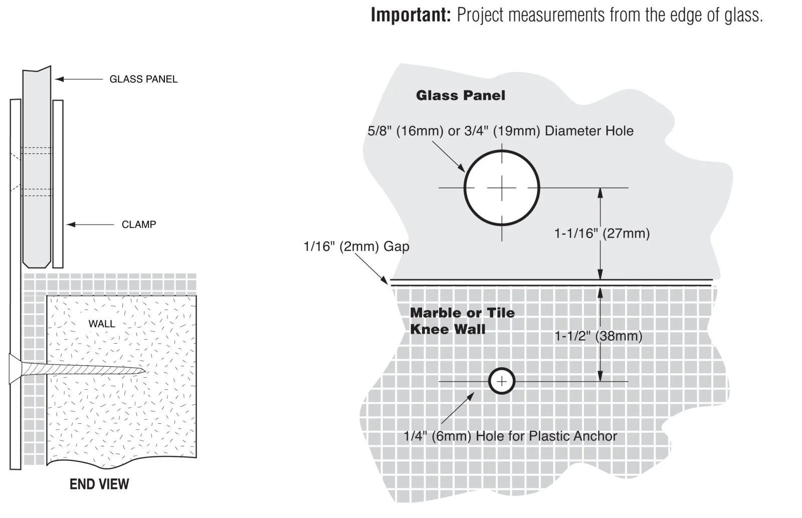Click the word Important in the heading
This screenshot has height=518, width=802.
[411, 15]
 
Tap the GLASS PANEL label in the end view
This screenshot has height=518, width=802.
[143, 79]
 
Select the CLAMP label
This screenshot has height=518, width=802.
[139, 224]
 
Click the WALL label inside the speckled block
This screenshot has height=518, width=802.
[102, 324]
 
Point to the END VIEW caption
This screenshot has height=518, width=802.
[99, 484]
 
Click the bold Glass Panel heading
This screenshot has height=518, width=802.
[461, 96]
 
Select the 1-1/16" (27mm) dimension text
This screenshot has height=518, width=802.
[602, 233]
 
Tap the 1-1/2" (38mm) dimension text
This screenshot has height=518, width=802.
[598, 336]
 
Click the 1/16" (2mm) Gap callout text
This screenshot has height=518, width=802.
[356, 246]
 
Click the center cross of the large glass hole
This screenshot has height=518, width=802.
[502, 188]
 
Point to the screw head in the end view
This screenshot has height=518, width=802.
[15, 369]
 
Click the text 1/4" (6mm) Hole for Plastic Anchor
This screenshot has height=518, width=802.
[510, 436]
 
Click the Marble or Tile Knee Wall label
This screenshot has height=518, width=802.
[462, 321]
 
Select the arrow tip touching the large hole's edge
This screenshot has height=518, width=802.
[464, 172]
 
